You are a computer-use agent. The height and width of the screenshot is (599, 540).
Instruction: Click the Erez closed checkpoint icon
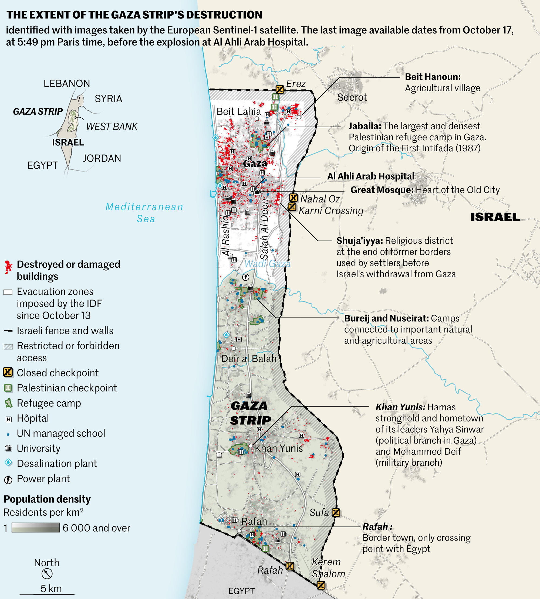click(x=279, y=89)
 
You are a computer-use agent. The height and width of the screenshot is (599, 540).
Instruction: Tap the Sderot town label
click(x=352, y=97)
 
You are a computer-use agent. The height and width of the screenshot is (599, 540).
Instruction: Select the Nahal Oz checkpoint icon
click(x=293, y=198)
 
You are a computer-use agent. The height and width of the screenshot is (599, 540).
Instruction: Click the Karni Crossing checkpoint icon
click(x=292, y=207)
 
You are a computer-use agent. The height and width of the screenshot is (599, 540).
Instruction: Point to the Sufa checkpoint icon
click(x=336, y=512)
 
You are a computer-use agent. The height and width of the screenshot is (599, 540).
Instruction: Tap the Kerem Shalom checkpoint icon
click(x=321, y=585)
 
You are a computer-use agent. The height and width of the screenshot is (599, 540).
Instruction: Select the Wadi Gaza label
click(x=267, y=264)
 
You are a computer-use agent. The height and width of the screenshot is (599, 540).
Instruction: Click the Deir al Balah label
click(x=249, y=359)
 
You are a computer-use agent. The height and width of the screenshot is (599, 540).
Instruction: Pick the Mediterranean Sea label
click(x=144, y=213)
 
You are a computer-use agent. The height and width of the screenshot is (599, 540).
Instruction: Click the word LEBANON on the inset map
click(x=67, y=84)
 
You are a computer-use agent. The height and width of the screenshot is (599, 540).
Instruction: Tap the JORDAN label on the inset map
click(x=102, y=158)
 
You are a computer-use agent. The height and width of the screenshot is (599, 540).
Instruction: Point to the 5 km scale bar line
click(x=47, y=594)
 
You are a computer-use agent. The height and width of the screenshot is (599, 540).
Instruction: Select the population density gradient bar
click(x=36, y=528)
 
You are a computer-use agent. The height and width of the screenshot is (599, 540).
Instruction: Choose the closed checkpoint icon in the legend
click(x=8, y=372)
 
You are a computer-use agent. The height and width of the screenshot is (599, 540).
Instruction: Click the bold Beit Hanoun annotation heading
click(x=433, y=77)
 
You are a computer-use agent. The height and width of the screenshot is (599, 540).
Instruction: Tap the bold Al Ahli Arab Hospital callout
click(x=371, y=176)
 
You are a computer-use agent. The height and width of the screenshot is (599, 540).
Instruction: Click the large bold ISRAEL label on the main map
click(x=495, y=217)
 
